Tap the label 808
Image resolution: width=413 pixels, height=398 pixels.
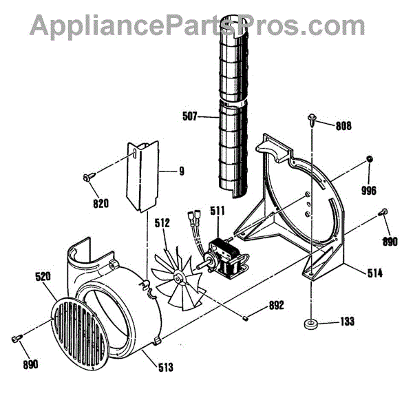point(343,126)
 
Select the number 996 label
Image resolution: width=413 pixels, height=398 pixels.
point(370,189)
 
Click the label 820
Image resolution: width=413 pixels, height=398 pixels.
point(100,203)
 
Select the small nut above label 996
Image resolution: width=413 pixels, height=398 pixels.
point(370,160)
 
